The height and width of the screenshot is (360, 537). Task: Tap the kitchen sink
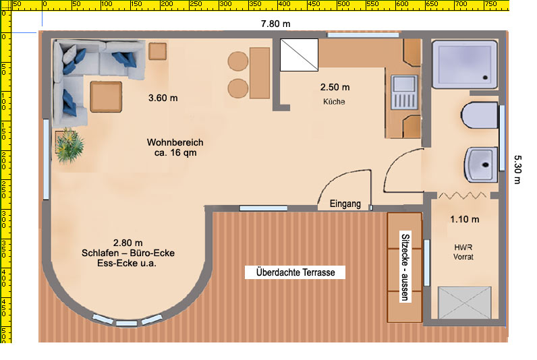tap(405, 92)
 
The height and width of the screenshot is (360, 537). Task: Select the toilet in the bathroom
tap(479, 115)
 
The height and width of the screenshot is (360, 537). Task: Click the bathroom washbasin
tap(481, 164)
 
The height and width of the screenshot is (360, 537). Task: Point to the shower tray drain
tap(485, 78)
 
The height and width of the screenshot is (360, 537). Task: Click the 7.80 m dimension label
tap(275, 24)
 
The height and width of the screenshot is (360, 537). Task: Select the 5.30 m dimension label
tap(517, 169)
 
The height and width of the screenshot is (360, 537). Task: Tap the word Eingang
tap(345, 204)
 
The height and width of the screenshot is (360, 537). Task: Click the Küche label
tap(334, 102)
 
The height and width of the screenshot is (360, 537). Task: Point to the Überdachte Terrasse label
tap(295, 272)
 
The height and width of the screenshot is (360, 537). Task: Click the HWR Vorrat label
tap(463, 252)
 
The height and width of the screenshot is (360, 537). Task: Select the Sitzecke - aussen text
tap(405, 267)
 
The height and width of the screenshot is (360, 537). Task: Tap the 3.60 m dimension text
tap(163, 98)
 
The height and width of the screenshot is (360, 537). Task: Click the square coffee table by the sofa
tap(106, 97)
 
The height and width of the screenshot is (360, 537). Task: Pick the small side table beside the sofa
tap(158, 51)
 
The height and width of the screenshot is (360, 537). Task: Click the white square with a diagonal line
tap(299, 55)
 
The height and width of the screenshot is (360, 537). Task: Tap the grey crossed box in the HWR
tap(464, 303)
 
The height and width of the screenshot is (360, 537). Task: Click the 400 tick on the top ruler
tap(283, 4)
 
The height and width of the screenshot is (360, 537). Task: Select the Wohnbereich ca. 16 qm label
tap(175, 148)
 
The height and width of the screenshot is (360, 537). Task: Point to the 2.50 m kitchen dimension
tap(335, 87)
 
